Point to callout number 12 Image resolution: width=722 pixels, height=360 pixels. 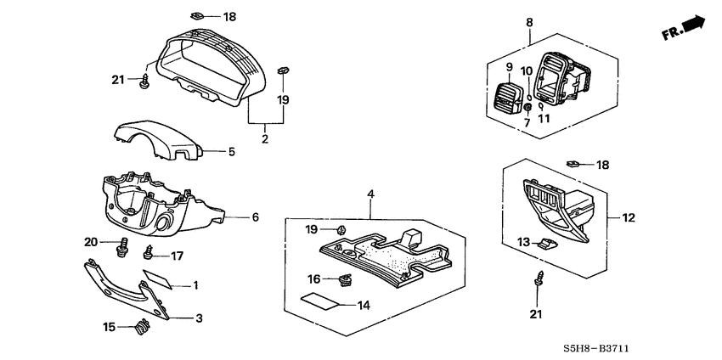(629, 218)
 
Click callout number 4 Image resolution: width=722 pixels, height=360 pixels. (370, 195)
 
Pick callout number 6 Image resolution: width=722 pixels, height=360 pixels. (255, 217)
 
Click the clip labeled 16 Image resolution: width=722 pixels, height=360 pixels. (345, 280)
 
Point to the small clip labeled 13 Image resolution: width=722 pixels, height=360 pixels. (548, 245)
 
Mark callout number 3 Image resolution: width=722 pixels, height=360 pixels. (199, 318)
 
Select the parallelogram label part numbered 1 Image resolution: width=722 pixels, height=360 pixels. (159, 279)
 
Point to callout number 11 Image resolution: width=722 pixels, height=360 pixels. (544, 119)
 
